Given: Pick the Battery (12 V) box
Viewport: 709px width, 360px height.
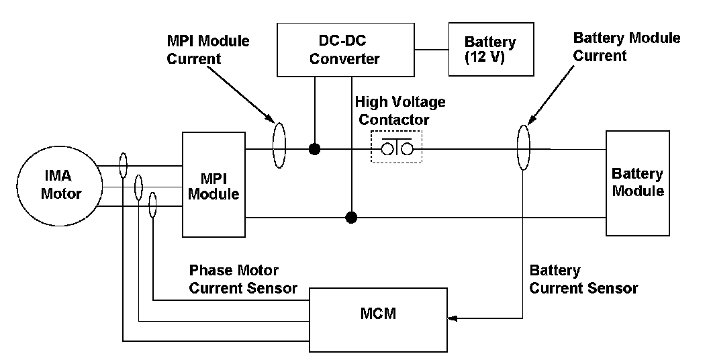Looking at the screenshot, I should tap(491, 50).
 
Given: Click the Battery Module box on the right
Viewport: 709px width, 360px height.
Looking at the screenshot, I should tap(637, 183).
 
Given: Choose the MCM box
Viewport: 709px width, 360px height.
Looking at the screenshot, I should tap(378, 313).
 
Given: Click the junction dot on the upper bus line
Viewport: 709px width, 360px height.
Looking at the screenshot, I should tap(314, 148).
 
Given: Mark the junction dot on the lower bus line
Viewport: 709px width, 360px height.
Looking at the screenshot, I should tap(350, 218).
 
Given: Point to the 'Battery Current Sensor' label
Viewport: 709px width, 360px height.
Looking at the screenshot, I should tap(583, 279).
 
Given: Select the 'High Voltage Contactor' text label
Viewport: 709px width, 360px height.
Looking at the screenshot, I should tap(400, 111).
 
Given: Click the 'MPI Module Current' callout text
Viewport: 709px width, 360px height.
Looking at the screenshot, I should tap(207, 50).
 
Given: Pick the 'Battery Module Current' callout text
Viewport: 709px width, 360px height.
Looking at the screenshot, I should tap(626, 46).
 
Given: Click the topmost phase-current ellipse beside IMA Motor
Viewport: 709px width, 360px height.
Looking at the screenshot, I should tap(124, 165).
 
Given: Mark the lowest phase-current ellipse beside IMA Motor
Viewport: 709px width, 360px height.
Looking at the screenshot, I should tap(153, 204).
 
